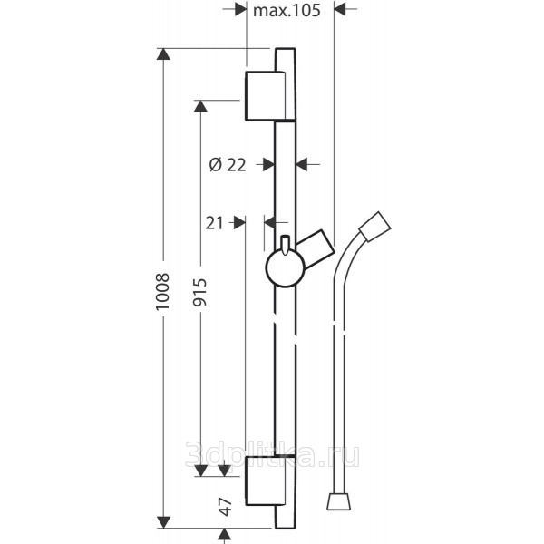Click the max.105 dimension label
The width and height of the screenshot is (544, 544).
click(287, 10)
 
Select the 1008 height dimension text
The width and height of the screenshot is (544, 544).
click(162, 291)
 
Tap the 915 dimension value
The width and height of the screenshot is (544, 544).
click(199, 292)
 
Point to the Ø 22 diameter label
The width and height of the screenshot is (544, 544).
click(228, 164)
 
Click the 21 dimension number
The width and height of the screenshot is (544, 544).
click(214, 223)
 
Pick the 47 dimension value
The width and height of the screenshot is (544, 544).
click(226, 507)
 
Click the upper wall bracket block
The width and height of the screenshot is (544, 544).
click(266, 96)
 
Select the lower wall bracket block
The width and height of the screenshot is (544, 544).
click(266, 481)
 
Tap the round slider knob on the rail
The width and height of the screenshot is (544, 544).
click(286, 267)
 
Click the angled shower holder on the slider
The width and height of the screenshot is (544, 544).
click(316, 248)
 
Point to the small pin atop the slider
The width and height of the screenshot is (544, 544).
click(285, 245)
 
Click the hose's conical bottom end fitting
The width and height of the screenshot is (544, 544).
click(339, 502)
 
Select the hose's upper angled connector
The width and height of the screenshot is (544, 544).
click(375, 226)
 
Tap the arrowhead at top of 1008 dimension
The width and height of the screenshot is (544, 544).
click(163, 54)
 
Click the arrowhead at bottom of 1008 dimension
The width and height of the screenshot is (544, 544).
click(163, 522)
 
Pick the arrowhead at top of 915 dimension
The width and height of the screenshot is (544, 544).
click(200, 106)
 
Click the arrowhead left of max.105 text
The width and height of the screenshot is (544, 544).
click(240, 9)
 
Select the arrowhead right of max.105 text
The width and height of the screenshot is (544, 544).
click(340, 9)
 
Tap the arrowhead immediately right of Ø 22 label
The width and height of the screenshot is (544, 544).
click(268, 164)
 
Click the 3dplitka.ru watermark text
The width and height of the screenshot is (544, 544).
click(272, 454)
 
